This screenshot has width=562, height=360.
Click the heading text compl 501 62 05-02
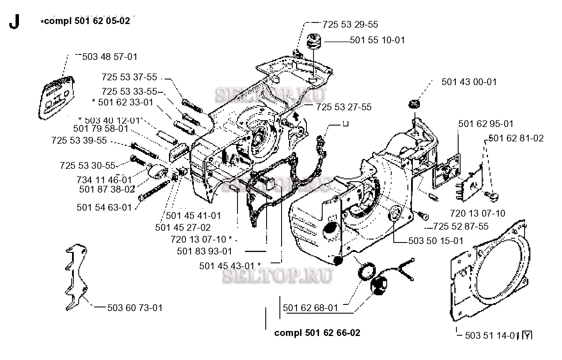point(87,21)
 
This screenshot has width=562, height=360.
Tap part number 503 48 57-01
point(110,57)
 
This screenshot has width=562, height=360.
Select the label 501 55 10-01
point(377,40)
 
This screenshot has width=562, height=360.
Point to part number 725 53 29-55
point(350,25)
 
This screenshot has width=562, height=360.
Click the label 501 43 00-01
point(469,82)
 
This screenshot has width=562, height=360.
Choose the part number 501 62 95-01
point(486,124)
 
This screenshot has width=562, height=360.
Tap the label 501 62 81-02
point(516,138)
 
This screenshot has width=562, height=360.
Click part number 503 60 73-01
point(135,308)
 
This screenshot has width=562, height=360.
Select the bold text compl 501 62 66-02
point(317,333)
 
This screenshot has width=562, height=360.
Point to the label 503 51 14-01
point(491,336)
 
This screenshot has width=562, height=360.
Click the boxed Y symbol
point(527,336)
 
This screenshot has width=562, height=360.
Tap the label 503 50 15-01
point(436,241)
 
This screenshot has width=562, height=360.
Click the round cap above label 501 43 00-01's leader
point(414,104)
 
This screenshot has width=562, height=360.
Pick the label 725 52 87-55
point(461,227)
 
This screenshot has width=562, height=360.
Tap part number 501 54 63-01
point(104,208)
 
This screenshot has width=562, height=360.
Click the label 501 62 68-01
point(310,308)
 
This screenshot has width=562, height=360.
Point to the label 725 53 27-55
point(344,107)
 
